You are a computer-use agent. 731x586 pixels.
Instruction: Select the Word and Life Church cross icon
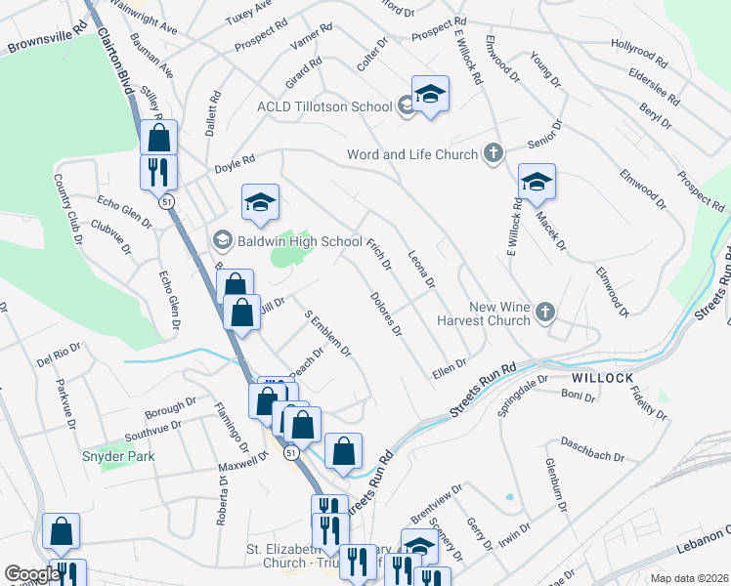[x=494, y=154]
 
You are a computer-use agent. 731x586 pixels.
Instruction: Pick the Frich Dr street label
[x=379, y=252]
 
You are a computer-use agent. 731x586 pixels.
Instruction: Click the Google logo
[x=31, y=574]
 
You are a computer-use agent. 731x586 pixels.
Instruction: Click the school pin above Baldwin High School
[x=260, y=202]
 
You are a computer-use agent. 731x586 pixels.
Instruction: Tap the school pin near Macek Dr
[x=537, y=182]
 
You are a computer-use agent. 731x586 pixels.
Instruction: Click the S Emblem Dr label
[x=327, y=334]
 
